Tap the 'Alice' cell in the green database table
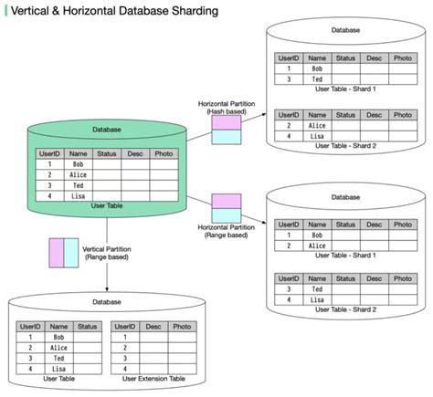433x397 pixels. coord(79,173)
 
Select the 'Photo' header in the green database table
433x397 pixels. coord(163,154)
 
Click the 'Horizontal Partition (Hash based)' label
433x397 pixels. coord(226,108)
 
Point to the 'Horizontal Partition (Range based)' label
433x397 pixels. coord(226,230)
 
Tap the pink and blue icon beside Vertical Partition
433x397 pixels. coord(63,251)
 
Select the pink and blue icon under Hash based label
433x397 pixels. coord(226,130)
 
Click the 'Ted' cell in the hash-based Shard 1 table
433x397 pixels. coord(317,80)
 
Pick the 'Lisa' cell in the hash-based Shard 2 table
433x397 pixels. coord(317,136)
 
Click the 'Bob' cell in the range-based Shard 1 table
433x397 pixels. coord(317,235)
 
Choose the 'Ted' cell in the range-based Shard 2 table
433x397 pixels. coord(317,288)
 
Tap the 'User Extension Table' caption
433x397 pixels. coord(153,378)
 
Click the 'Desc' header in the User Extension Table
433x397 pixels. coord(153,326)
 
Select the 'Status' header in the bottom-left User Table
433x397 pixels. coord(88,326)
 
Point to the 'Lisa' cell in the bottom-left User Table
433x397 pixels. coord(59,369)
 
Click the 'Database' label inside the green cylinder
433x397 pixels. coord(106,130)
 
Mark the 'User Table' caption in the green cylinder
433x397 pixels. coord(107,206)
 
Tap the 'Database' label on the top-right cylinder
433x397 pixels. coord(345,30)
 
